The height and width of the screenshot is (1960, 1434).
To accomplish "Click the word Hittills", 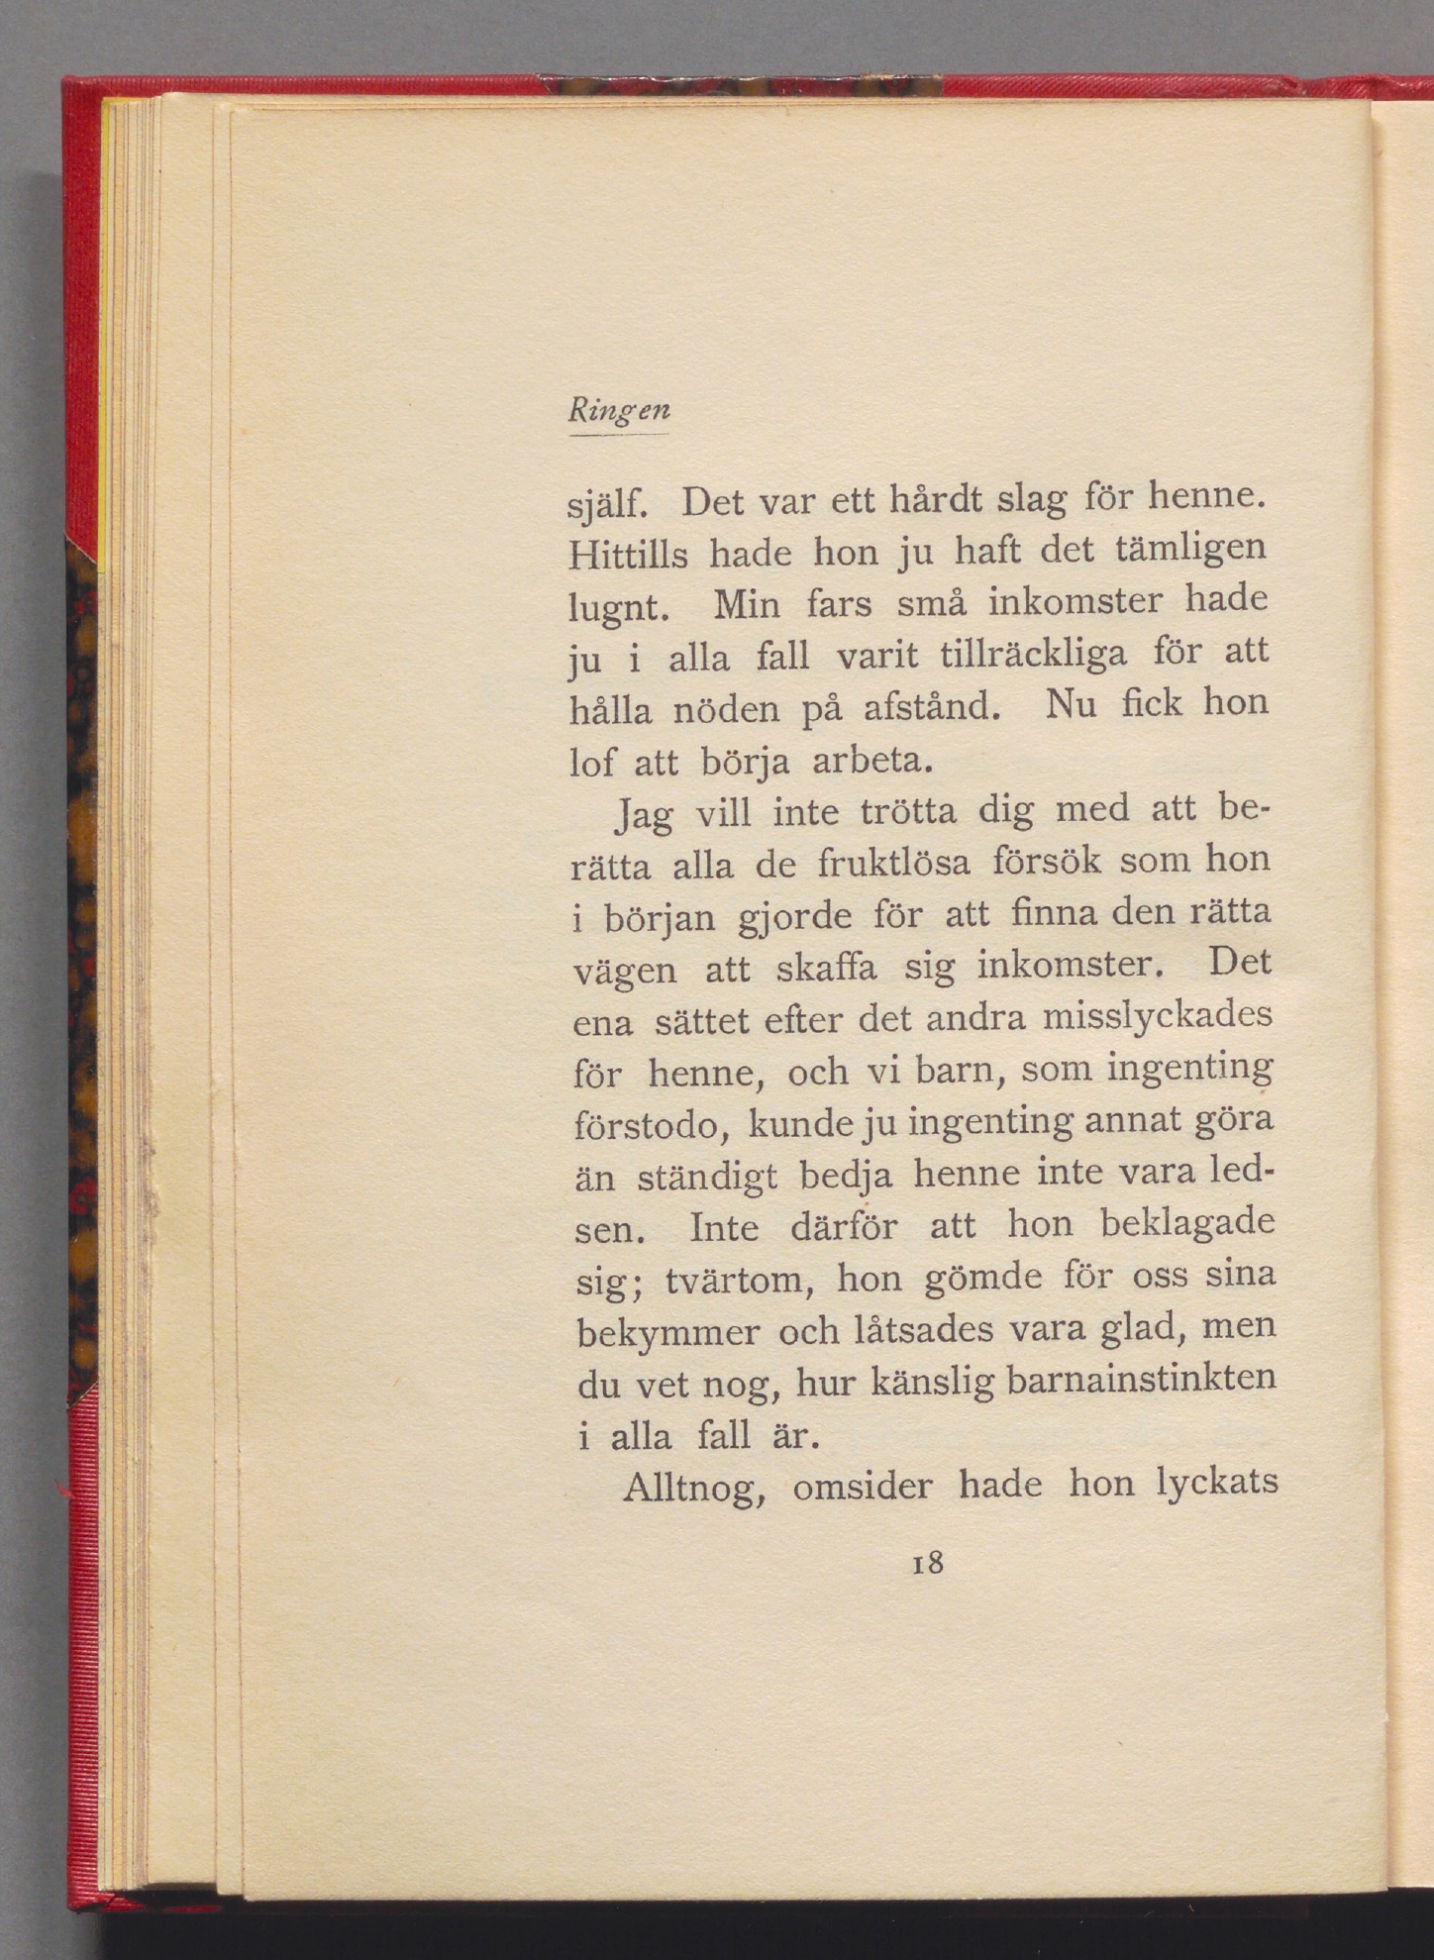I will coord(629,554).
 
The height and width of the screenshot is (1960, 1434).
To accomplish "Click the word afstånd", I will coord(927,708).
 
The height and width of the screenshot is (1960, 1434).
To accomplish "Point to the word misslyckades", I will coord(1157,1017).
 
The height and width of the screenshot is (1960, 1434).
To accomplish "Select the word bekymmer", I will coord(667,1333).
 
